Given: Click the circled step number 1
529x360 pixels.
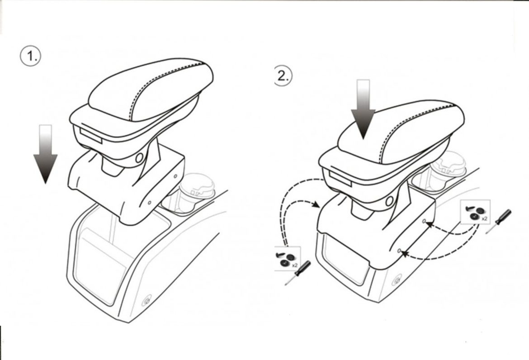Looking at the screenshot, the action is click(x=31, y=56).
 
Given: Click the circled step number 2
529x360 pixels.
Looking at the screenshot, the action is click(x=283, y=76).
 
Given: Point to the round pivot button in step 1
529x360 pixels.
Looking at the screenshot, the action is click(x=139, y=157).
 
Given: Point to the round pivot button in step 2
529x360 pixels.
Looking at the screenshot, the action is click(x=389, y=201).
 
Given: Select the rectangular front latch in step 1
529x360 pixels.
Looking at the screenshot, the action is click(x=91, y=136).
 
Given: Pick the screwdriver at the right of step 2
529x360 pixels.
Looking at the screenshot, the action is click(x=499, y=221).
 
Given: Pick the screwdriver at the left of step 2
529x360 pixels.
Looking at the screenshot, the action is click(x=298, y=273).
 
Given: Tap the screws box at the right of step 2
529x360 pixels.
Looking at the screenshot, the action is click(x=475, y=212).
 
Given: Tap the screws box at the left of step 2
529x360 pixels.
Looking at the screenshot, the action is click(x=288, y=258).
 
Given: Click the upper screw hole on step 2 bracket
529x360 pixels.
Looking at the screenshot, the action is click(x=424, y=221).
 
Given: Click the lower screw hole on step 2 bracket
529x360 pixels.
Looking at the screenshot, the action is click(x=399, y=251).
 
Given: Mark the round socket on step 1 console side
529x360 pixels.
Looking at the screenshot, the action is click(x=146, y=301).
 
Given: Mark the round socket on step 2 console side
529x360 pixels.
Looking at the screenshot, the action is click(x=397, y=280).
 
